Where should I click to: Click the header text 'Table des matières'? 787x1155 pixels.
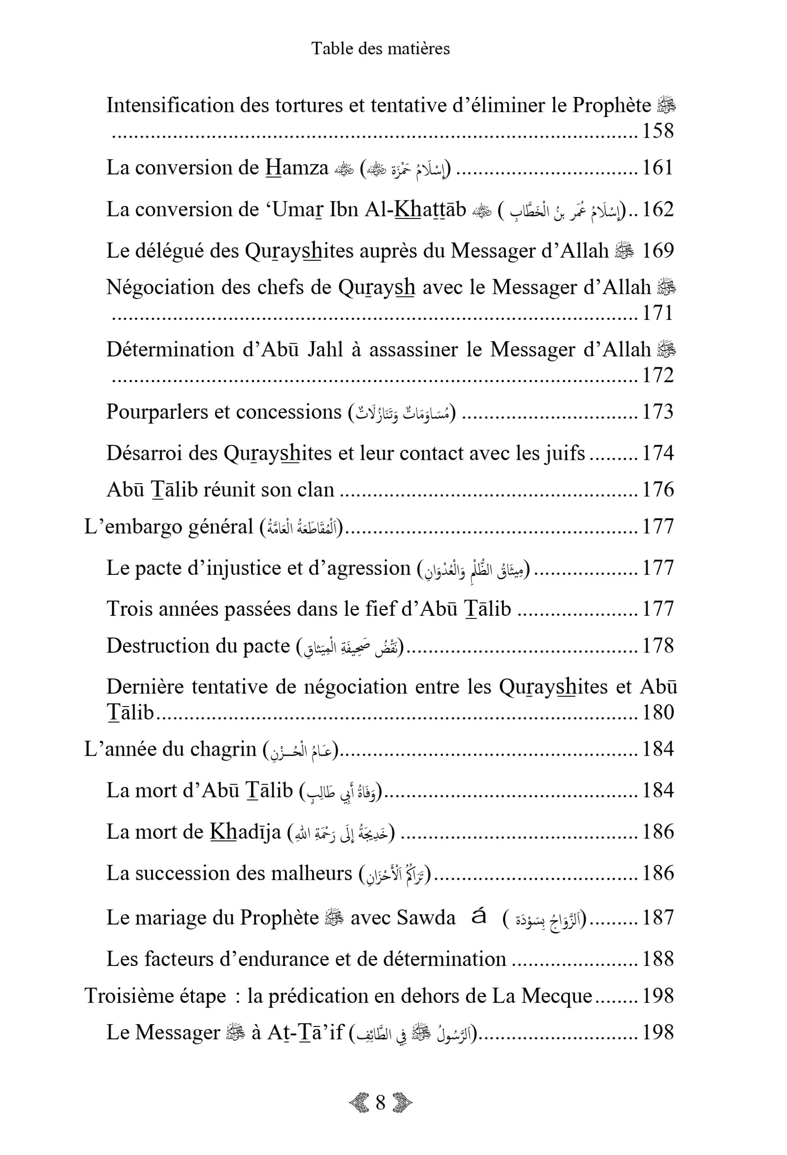click(x=380, y=48)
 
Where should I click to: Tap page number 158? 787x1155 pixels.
click(x=658, y=131)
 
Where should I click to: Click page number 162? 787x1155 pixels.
click(x=658, y=210)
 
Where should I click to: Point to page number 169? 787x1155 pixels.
click(x=658, y=251)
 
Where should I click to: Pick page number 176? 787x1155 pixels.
click(x=658, y=490)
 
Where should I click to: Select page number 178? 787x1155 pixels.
click(x=658, y=646)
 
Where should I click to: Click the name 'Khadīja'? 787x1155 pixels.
click(x=245, y=832)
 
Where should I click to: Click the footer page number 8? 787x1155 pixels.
click(x=380, y=1117)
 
